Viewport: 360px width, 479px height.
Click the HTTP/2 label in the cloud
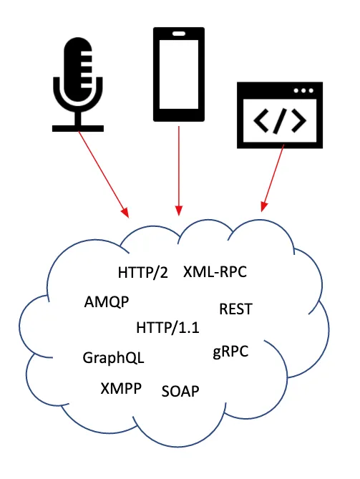[x=142, y=273]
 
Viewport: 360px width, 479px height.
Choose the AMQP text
[x=106, y=301]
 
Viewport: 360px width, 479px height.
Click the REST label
[x=235, y=309]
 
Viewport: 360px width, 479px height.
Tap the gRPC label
[x=230, y=352]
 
